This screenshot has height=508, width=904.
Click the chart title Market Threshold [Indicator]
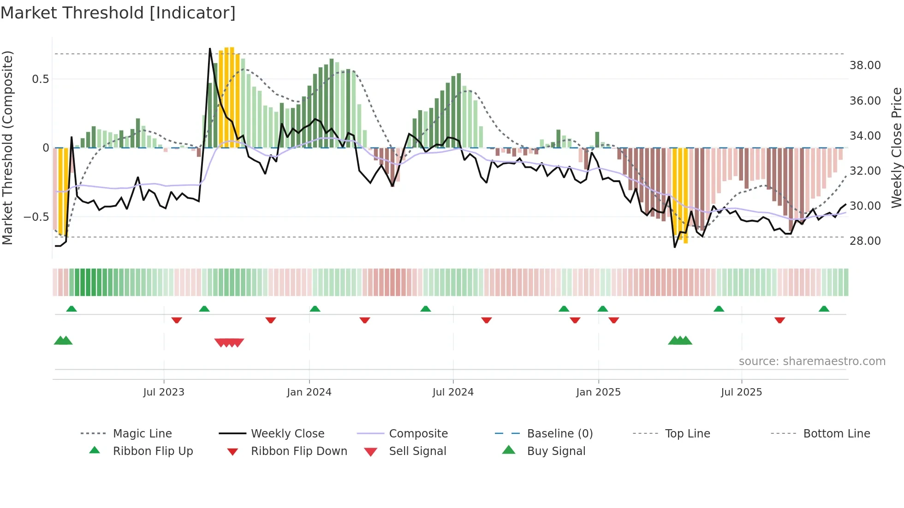118,13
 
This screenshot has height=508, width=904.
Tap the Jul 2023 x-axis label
163,392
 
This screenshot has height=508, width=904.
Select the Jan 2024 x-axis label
309,392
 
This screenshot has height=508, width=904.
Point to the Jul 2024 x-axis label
453,392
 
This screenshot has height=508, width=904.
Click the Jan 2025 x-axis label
598,392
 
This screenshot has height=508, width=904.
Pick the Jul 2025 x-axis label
741,392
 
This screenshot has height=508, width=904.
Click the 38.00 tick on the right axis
865,65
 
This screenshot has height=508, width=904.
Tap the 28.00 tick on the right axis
865,241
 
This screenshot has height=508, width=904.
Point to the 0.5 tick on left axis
41,79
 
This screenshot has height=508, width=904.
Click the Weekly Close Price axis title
896,148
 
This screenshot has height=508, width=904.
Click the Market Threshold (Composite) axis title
7,148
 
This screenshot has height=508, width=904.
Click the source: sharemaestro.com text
812,361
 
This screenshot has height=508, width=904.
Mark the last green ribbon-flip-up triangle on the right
824,309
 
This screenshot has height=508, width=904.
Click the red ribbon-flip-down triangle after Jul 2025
779,320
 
